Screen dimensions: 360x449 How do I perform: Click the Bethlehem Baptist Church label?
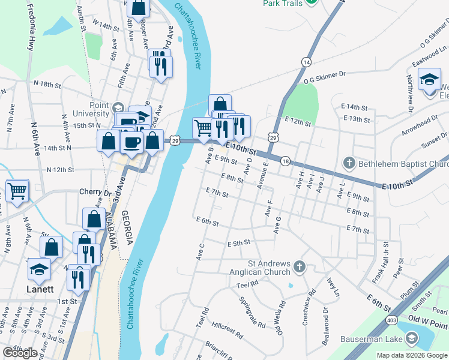pos(404,163)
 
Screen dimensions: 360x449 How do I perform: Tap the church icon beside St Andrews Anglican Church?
pos(299,266)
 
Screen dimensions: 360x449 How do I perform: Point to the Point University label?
pos(99,110)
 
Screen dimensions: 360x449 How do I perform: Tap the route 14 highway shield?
pos(306,62)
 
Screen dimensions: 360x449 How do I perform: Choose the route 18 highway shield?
pos(285,162)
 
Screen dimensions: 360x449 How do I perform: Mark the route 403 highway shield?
pos(391,320)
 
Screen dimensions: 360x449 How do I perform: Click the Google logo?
pos(19,353)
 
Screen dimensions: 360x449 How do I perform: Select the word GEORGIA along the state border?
pos(126,228)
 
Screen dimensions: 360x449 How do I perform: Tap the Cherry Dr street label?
pos(95,192)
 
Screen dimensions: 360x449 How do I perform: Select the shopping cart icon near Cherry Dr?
pos(17,191)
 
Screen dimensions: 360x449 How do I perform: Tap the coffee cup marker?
pos(131,142)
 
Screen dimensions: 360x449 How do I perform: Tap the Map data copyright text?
pos(411,355)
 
